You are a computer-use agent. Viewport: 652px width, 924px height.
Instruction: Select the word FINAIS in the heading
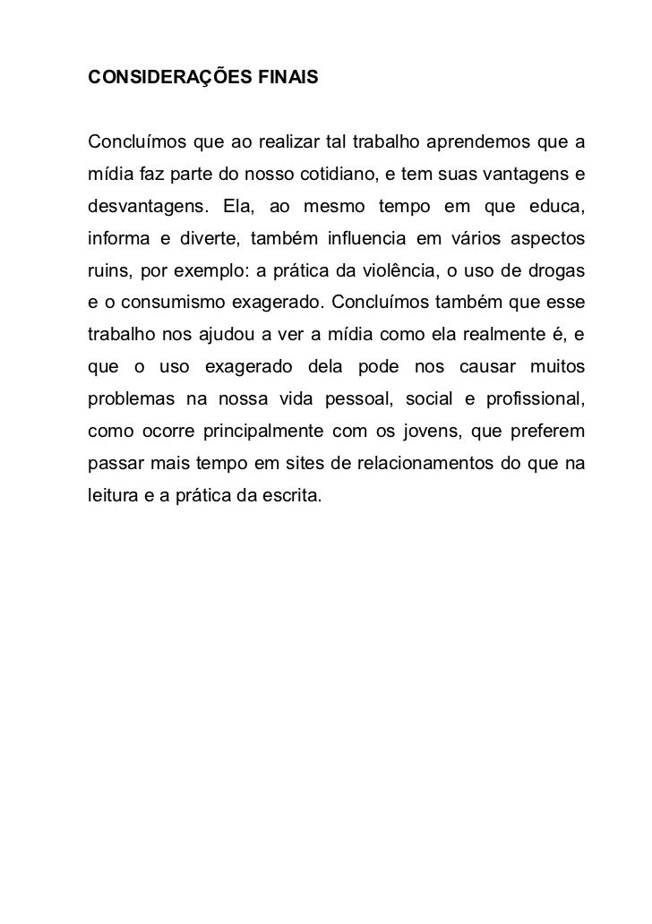(281, 78)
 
